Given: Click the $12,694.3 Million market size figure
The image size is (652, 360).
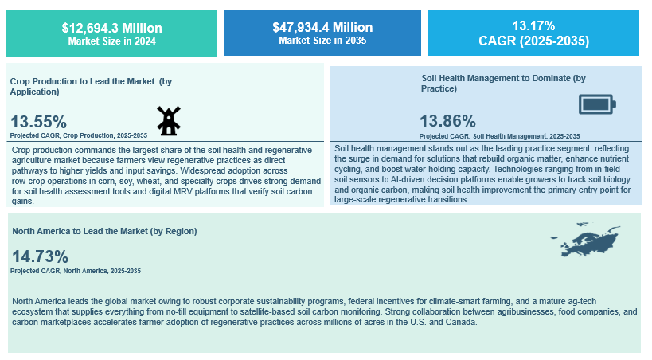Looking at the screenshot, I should [x=111, y=28].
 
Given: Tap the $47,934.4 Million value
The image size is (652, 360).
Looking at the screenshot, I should [x=322, y=28].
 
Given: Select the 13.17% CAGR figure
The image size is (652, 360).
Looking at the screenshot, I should [x=533, y=26].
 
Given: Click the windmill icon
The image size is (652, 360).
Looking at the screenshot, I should [x=167, y=120].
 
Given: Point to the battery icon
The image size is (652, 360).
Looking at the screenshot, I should [x=596, y=104].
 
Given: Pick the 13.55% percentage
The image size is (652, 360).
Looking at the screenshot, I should [x=38, y=121].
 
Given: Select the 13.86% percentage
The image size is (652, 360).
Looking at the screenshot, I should [x=447, y=121].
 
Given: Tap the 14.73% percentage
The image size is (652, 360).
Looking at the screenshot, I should [x=40, y=256].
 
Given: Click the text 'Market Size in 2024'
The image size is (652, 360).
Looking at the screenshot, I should [x=111, y=41].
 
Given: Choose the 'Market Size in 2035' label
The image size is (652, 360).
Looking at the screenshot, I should [x=322, y=40].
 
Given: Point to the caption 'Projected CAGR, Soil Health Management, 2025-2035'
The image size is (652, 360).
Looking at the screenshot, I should [x=499, y=136].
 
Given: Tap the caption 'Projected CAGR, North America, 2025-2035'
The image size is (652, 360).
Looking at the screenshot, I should [x=76, y=271].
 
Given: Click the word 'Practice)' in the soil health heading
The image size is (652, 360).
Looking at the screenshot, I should [x=439, y=88].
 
